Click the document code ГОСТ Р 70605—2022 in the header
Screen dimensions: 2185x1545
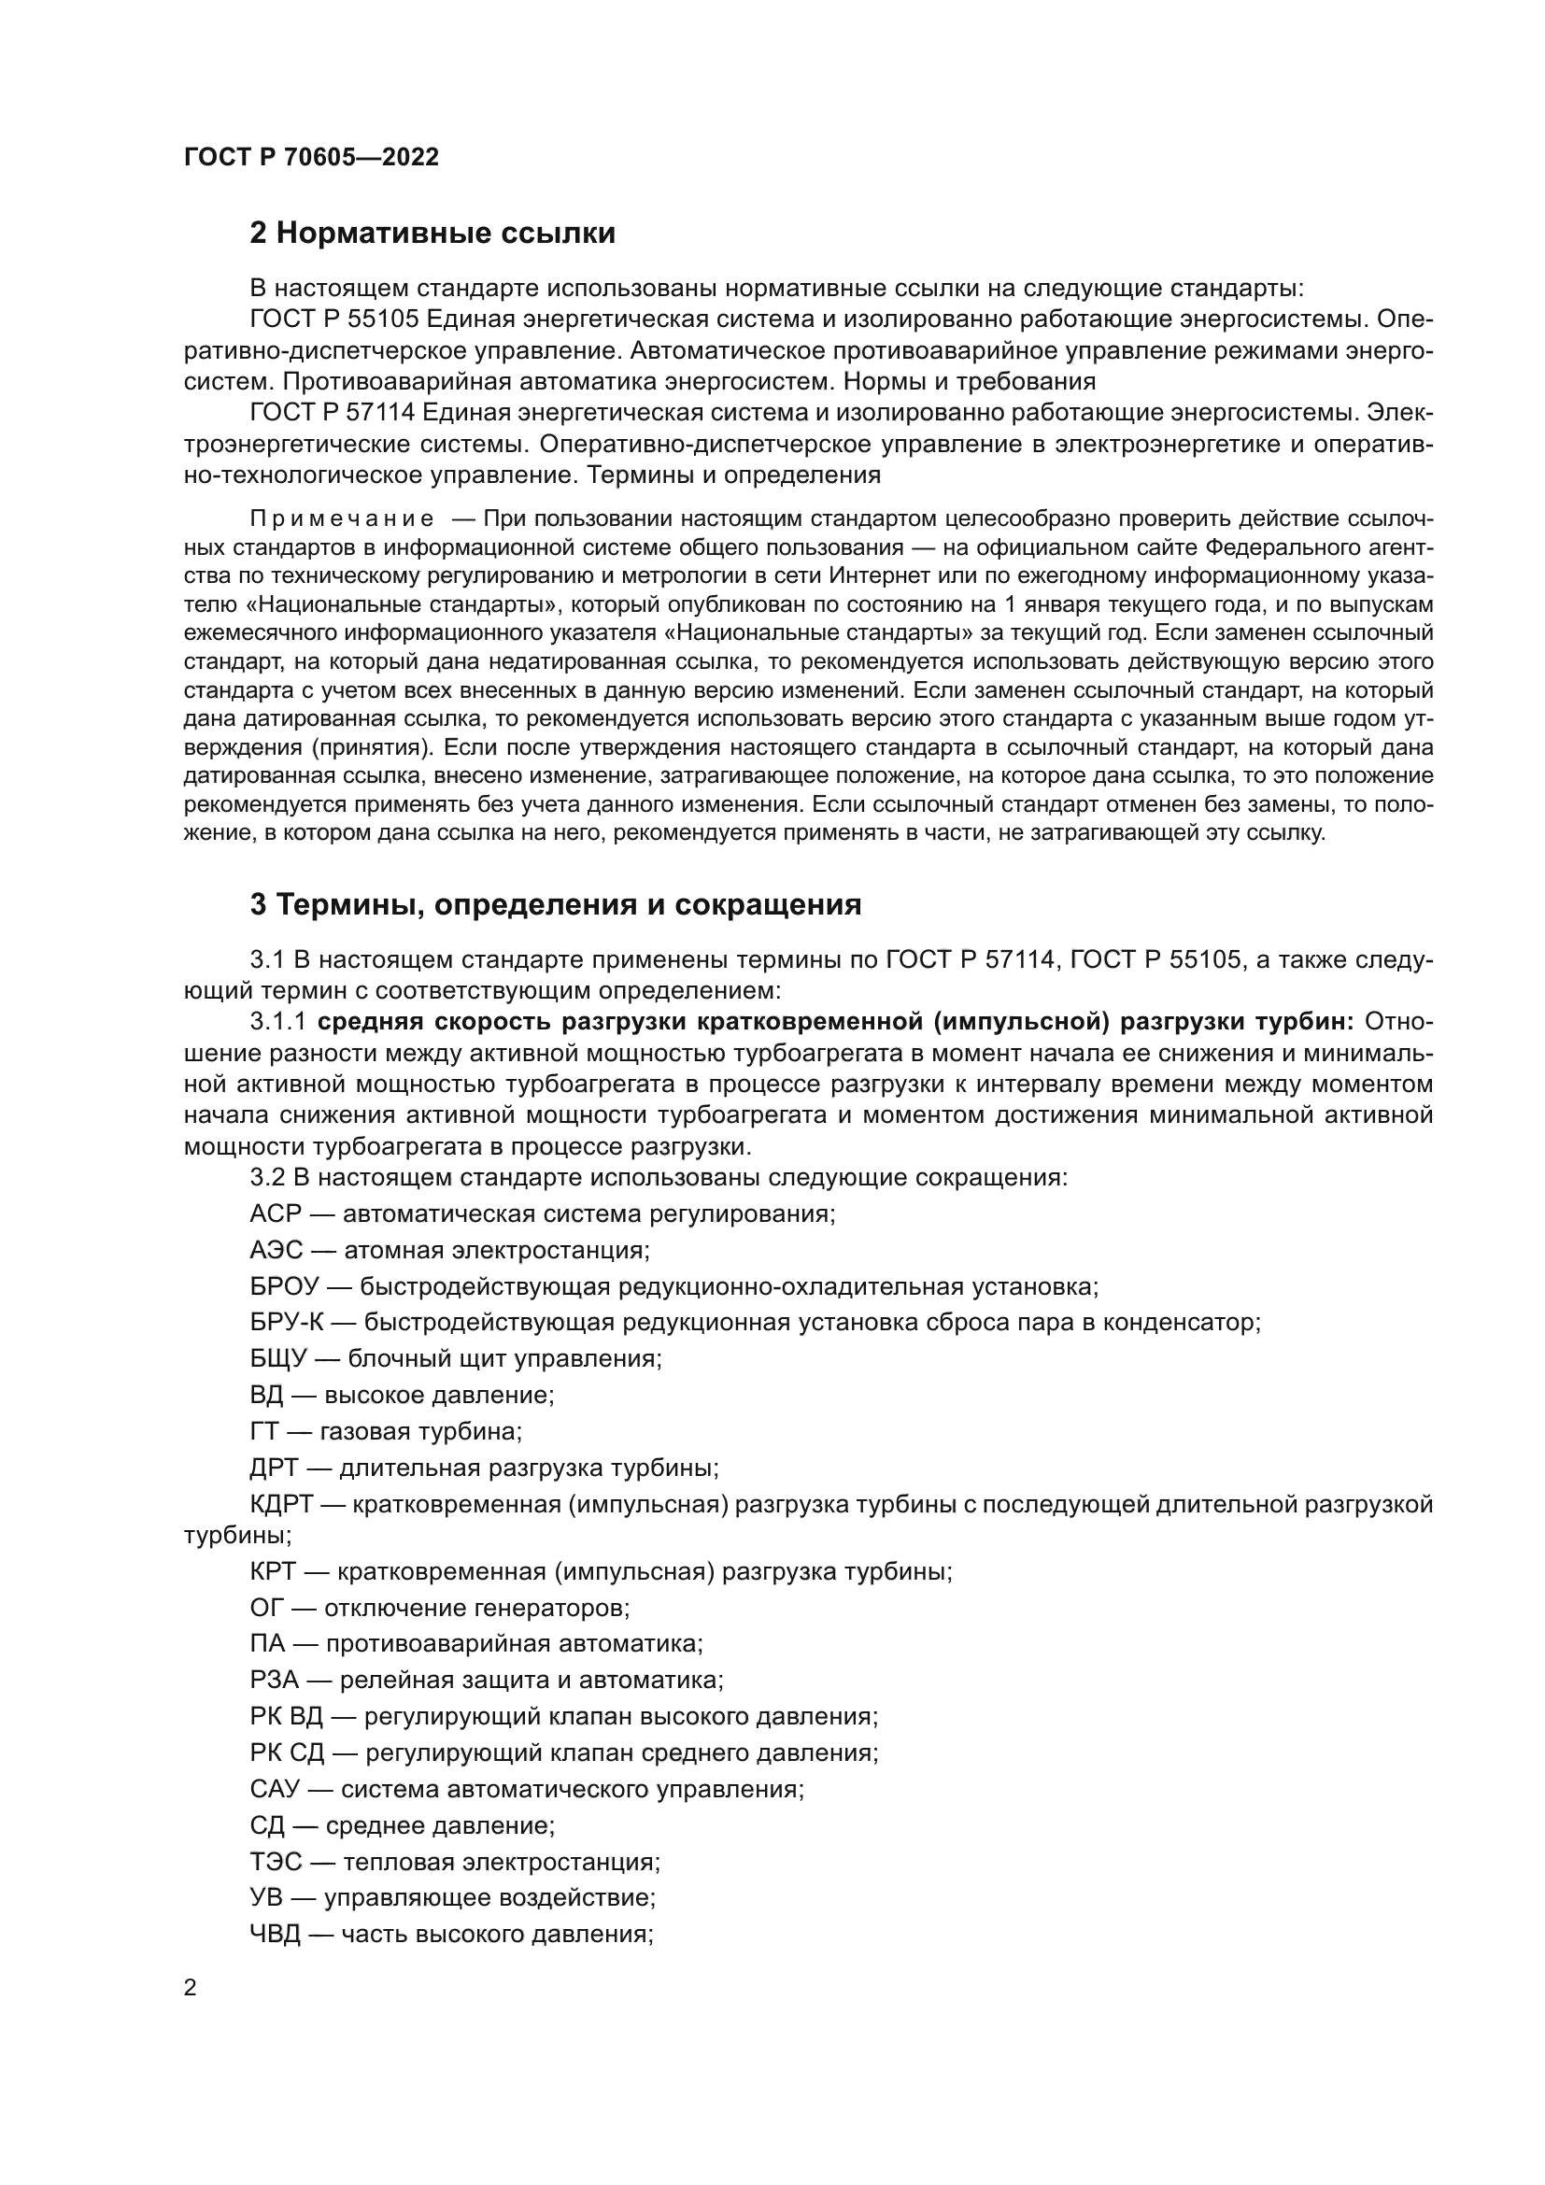click(x=311, y=158)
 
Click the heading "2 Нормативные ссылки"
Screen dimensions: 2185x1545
click(x=432, y=234)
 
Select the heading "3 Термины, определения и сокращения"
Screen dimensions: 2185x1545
click(x=556, y=904)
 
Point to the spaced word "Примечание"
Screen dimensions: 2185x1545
click(x=342, y=518)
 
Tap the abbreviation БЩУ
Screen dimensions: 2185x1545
click(x=277, y=1359)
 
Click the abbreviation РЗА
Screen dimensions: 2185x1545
click(x=274, y=1681)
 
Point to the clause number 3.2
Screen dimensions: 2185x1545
click(x=267, y=1177)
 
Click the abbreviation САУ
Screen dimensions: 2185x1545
click(x=275, y=1789)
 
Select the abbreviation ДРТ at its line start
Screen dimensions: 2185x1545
click(x=274, y=1468)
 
